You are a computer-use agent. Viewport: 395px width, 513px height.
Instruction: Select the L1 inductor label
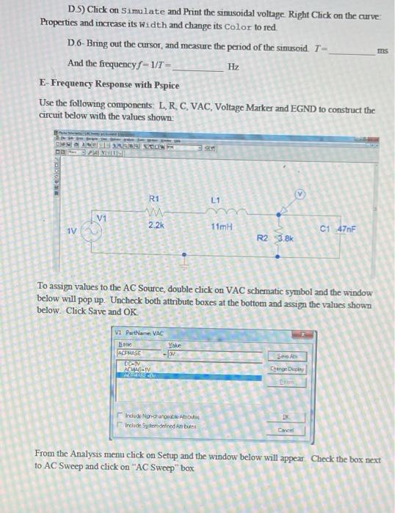click(215, 199)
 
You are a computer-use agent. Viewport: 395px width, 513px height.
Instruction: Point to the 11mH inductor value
click(217, 226)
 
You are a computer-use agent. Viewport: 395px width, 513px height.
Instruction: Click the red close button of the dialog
click(299, 332)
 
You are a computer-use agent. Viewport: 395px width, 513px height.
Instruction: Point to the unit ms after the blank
click(381, 51)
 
